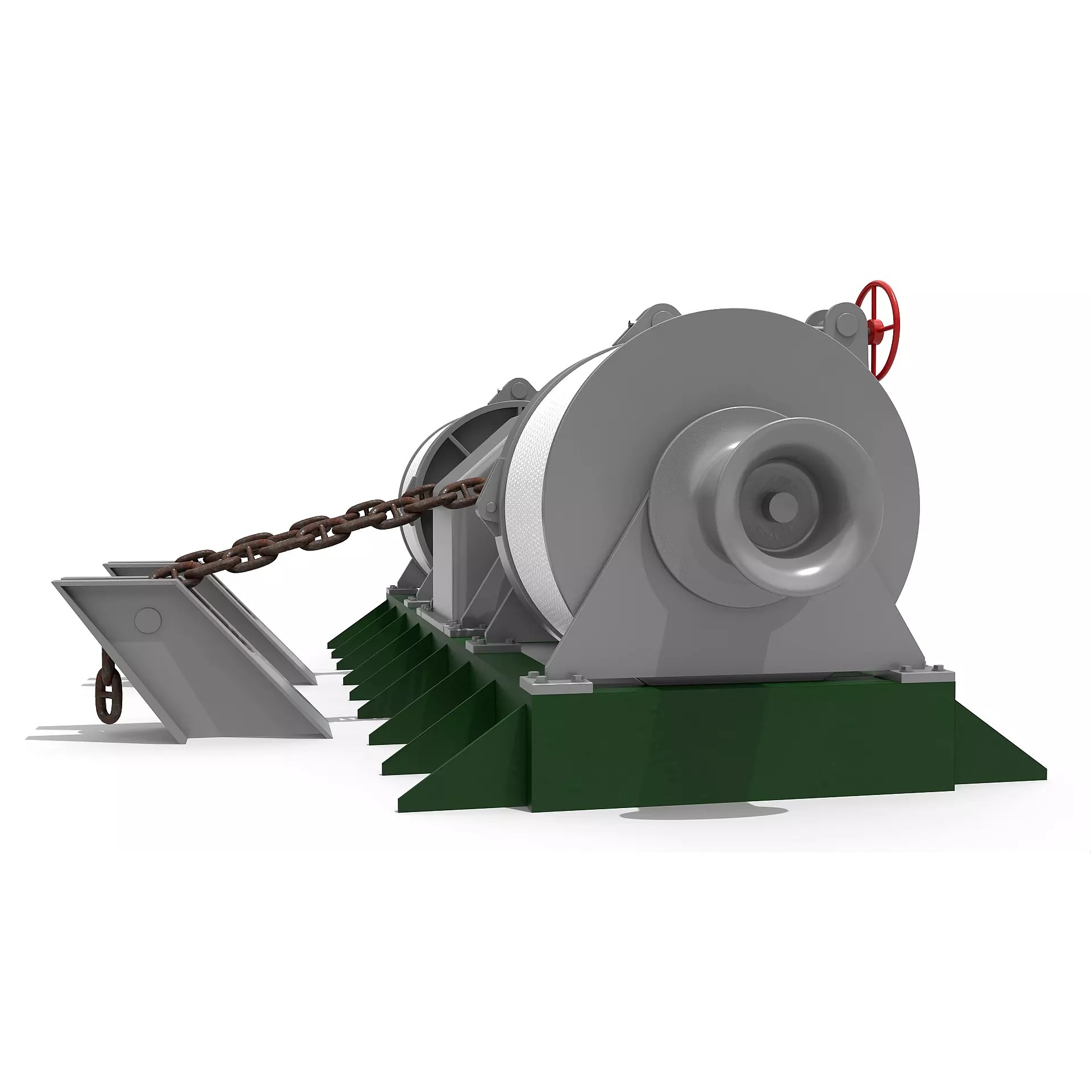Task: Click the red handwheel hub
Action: coord(878,326)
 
